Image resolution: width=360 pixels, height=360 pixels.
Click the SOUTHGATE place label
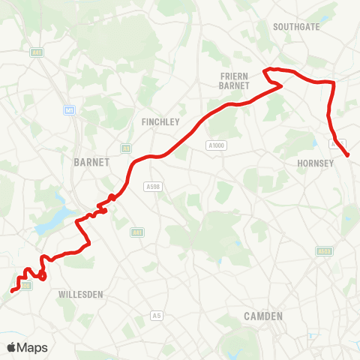pos(296,26)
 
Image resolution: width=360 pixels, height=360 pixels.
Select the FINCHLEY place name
pos(158,120)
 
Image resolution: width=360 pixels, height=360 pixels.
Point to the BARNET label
pos(92,162)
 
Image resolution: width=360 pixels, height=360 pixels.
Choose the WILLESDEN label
pos(80,295)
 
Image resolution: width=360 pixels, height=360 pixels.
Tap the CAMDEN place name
pos(263,316)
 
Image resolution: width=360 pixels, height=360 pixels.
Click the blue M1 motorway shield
pos(70,110)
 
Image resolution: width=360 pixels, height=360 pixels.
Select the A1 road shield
pos(126,148)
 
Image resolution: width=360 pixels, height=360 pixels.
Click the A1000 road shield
pos(215,145)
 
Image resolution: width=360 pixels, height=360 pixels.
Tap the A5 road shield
pos(156,315)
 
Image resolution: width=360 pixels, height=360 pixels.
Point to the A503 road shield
pos(324,251)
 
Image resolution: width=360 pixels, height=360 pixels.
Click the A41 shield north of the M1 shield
pos(36,52)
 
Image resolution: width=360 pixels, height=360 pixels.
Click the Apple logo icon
pos(12,347)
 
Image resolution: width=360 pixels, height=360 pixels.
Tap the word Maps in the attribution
pos(32,347)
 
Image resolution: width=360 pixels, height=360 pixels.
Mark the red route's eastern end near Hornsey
pos(348,155)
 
